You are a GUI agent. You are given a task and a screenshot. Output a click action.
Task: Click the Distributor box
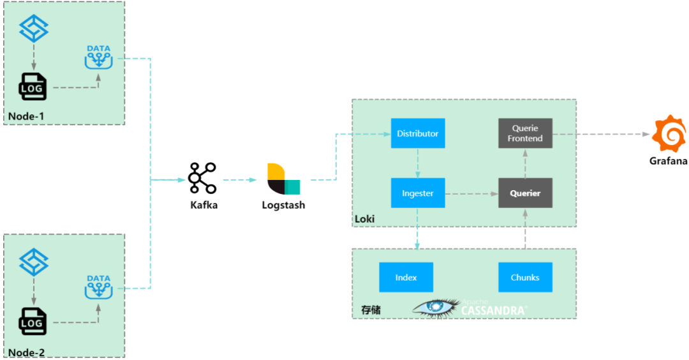[x=418, y=133]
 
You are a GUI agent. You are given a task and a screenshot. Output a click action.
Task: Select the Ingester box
[x=418, y=193]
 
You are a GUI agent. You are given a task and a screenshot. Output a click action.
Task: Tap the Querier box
[x=525, y=193]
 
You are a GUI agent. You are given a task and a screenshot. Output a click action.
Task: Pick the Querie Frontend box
[x=525, y=133]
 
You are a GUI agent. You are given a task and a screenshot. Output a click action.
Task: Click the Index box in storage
[x=406, y=278]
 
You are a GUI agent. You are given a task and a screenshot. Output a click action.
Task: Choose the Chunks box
[x=525, y=278]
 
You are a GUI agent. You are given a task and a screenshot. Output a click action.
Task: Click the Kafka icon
[x=202, y=178]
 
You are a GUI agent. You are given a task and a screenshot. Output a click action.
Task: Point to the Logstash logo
[x=283, y=179]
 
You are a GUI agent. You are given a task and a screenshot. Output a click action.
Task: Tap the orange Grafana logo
[x=669, y=133]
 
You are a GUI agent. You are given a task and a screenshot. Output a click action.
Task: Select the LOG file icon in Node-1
[x=33, y=87]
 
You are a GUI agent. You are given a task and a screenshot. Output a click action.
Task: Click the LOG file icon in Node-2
[x=33, y=321]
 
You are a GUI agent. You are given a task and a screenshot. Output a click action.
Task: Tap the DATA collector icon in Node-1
[x=98, y=57]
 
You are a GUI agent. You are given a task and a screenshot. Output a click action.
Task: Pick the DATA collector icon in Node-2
[x=98, y=287]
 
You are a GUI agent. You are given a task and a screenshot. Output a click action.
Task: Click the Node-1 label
[x=26, y=116]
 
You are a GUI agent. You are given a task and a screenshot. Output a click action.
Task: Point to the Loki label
[x=365, y=219]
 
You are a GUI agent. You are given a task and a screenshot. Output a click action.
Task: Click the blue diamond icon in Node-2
[x=34, y=262]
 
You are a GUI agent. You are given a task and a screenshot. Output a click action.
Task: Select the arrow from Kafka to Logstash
[x=239, y=180]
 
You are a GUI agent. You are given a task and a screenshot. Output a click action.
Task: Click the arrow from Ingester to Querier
[x=471, y=193]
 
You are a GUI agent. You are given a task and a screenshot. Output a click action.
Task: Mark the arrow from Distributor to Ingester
[x=417, y=163]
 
